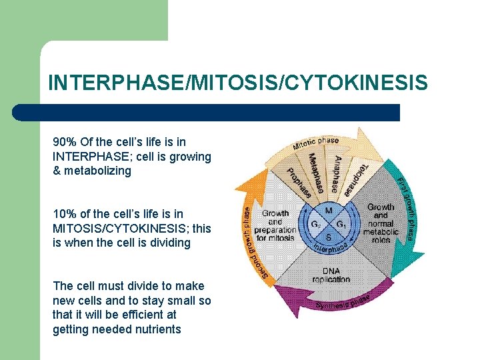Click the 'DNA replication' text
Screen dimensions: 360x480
tap(331, 275)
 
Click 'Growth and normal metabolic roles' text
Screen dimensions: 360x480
tap(381, 223)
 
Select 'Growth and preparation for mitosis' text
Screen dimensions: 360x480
tap(275, 225)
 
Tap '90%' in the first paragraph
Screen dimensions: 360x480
tap(65, 142)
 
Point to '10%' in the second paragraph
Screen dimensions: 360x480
tap(65, 214)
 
